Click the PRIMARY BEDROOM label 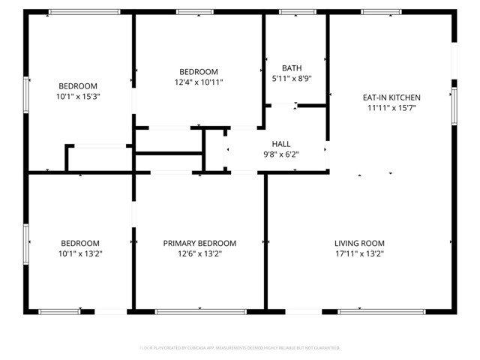coord(199,244)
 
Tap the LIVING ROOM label coord(359,244)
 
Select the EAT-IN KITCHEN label coord(391,97)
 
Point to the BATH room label coord(292,67)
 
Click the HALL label coord(281,144)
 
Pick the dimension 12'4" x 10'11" coord(199,82)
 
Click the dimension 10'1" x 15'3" coord(78,97)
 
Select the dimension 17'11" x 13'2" coord(359,254)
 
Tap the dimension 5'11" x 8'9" coord(292,78)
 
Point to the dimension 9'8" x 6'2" coord(281,154)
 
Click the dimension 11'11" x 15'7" coord(391,108)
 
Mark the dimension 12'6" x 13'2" coord(199,254)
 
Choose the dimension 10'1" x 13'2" coord(80,254)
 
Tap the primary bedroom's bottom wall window coord(200,310)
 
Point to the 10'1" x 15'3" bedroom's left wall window coord(27,95)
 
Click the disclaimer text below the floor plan coord(240,348)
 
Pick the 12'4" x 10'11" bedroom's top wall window coord(194,11)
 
